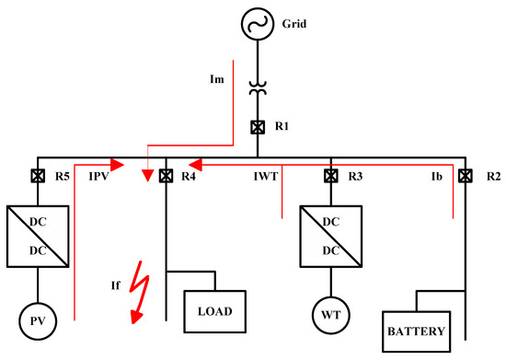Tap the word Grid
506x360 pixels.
click(x=294, y=24)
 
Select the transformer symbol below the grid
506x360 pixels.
click(x=258, y=88)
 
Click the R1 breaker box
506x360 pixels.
click(x=258, y=127)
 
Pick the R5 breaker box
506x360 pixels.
click(x=38, y=176)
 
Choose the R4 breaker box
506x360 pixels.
click(x=166, y=176)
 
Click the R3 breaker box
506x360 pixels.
click(x=331, y=176)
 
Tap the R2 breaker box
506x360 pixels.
click(x=465, y=176)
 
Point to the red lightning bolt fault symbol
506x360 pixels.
click(x=140, y=292)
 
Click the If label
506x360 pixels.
click(x=116, y=285)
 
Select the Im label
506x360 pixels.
click(x=217, y=79)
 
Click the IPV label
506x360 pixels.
click(x=98, y=176)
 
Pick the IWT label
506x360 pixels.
click(x=266, y=176)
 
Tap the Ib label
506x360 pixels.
click(x=437, y=176)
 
